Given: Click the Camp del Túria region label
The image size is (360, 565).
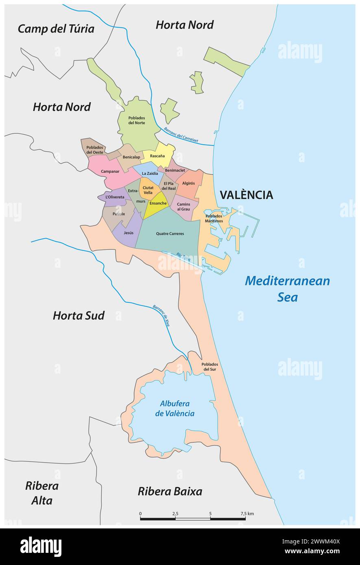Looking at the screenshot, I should [56, 29].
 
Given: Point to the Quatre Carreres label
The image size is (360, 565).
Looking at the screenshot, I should [170, 234].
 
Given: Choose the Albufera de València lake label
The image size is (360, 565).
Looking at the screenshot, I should [175, 409].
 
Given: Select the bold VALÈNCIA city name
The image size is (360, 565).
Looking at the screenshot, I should [246, 195].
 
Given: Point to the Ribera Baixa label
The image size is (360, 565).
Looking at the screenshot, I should [170, 491].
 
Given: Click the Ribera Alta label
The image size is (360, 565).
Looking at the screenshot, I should [42, 493].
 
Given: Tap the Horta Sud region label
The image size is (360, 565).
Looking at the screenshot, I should [79, 315].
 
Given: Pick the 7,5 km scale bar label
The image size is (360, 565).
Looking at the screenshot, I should [247, 514].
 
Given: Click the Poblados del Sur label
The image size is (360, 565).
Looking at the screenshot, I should [209, 367].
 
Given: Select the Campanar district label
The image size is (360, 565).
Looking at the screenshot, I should [98, 172].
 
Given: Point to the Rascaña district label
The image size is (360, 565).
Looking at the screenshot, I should [157, 156].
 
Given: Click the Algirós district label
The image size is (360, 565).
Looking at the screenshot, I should [188, 183].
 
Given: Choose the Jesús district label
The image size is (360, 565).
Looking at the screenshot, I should [129, 233].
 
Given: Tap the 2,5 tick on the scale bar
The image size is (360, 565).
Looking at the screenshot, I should [175, 514].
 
